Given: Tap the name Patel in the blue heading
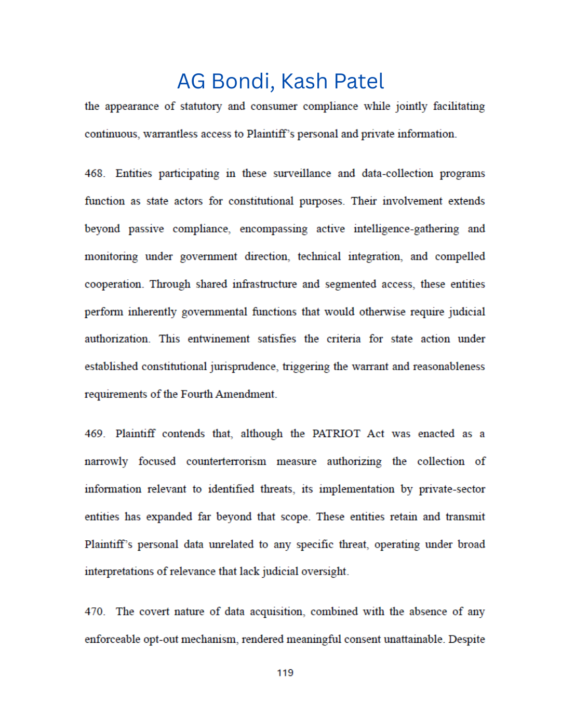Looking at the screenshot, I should (x=358, y=82).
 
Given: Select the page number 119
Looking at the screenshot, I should (x=285, y=673).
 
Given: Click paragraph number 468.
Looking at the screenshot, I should (x=94, y=174).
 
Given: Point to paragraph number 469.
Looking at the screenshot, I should (x=94, y=434).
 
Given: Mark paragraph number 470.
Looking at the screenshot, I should (x=94, y=612).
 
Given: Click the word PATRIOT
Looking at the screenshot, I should (x=336, y=434).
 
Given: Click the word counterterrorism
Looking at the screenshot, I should (x=226, y=461).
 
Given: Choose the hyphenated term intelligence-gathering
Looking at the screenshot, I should (x=406, y=229).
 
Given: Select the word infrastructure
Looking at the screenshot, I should (x=264, y=284).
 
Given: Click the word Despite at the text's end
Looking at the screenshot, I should (x=466, y=640).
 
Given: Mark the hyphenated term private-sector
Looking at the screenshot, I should (x=452, y=489).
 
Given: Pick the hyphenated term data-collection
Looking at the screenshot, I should (x=397, y=174).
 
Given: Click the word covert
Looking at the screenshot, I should (x=154, y=612).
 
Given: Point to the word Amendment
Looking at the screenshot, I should (x=245, y=394).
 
